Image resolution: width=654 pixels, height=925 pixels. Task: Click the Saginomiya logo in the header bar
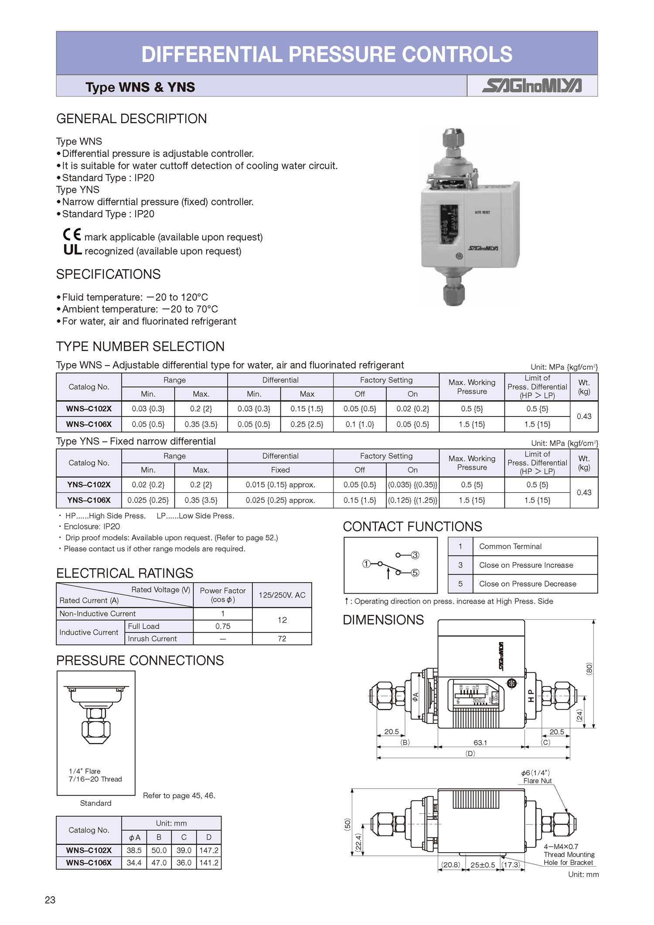(531, 86)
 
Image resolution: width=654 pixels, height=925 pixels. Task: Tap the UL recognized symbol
(72, 249)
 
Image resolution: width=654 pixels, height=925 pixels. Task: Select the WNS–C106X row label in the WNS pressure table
(89, 424)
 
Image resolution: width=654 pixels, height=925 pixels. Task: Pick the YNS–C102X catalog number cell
(89, 485)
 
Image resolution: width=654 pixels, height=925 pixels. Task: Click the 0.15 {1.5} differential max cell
(307, 409)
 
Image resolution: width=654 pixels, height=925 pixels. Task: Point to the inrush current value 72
(282, 638)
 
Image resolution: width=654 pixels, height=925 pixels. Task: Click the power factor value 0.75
(223, 626)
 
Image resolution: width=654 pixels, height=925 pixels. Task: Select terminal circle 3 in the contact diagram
(415, 555)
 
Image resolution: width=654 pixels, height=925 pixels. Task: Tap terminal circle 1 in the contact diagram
(366, 564)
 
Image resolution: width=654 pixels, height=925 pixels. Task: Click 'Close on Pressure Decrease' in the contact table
(528, 584)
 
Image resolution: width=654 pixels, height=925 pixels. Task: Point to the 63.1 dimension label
(480, 742)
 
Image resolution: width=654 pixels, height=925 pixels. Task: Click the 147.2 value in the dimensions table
(209, 850)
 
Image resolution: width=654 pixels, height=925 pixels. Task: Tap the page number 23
(50, 900)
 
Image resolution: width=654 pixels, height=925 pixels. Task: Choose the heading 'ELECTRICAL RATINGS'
(125, 573)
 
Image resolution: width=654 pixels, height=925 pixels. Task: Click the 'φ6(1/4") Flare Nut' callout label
(537, 777)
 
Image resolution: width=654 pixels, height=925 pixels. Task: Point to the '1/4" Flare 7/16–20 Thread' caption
(95, 775)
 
